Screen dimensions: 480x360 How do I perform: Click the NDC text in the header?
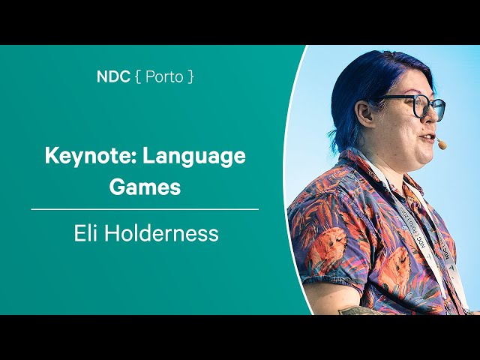113,76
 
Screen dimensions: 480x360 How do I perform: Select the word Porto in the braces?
164,76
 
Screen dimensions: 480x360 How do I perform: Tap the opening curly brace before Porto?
138,76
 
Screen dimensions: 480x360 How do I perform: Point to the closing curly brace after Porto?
190,76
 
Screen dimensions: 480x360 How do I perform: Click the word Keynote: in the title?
91,155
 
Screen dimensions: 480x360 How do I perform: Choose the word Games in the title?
145,187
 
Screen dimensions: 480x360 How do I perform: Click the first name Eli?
86,233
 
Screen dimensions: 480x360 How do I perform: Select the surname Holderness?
162,233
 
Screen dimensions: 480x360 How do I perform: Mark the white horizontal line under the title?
145,210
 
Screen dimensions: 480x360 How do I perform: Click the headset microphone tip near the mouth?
441,145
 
